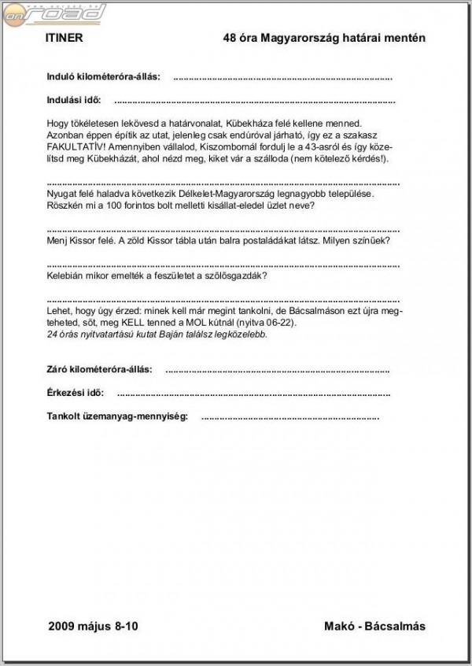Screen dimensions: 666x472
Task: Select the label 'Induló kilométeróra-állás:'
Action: point(103,77)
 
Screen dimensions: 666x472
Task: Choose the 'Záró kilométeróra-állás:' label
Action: point(100,369)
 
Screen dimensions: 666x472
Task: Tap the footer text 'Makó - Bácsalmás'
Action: point(374,627)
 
